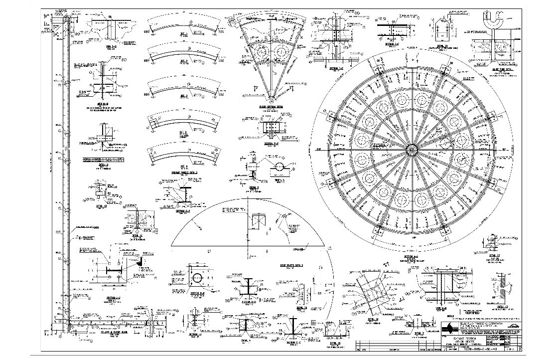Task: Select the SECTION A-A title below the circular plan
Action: coord(412,256)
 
